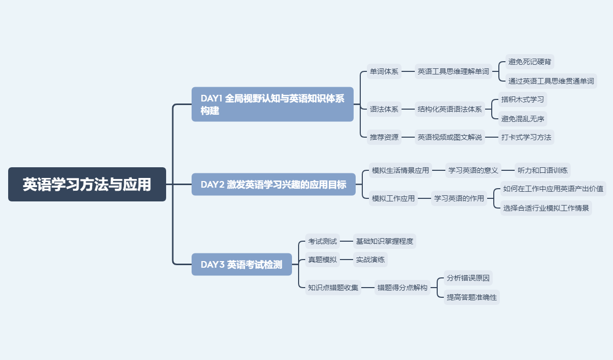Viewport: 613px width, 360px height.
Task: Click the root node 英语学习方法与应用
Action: click(x=87, y=184)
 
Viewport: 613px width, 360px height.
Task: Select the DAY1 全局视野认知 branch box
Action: click(x=273, y=104)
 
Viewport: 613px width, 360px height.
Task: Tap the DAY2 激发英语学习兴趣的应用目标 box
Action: click(x=273, y=184)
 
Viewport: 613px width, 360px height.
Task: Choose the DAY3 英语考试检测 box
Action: click(x=242, y=264)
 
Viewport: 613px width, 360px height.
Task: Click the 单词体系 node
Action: click(x=384, y=71)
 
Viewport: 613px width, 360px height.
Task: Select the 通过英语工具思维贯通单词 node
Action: click(x=551, y=81)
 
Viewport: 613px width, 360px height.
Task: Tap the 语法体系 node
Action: click(x=384, y=109)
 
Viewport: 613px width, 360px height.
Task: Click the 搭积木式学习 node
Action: click(x=522, y=99)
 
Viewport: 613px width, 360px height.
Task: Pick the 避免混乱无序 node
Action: click(x=522, y=118)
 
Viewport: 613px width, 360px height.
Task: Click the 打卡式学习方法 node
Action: click(x=526, y=137)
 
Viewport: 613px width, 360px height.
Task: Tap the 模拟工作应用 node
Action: click(x=393, y=198)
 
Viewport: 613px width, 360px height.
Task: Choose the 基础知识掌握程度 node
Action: click(x=385, y=241)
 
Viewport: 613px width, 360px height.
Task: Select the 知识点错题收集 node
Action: click(x=333, y=288)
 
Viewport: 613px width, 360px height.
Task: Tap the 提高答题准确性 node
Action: click(x=472, y=297)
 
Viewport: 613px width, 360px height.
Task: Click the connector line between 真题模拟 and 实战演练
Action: click(x=346, y=260)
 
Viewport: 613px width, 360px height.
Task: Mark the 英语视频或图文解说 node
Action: click(x=449, y=137)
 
